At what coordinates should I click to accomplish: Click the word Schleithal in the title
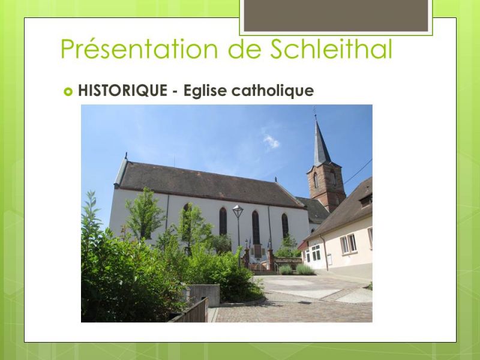331,49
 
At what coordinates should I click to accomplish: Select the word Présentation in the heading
139,49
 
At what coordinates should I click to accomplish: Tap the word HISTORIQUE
122,91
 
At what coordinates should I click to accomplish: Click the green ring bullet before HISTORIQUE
68,92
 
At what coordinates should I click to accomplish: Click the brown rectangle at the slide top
336,16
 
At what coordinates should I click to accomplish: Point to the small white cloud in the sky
271,142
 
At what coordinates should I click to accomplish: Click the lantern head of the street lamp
238,211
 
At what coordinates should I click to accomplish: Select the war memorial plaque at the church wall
258,251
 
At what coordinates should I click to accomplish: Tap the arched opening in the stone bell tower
316,181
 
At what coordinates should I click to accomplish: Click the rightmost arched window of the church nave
284,226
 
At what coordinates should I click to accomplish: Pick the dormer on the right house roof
366,200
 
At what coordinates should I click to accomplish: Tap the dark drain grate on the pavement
304,302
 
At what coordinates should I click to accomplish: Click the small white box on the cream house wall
329,260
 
